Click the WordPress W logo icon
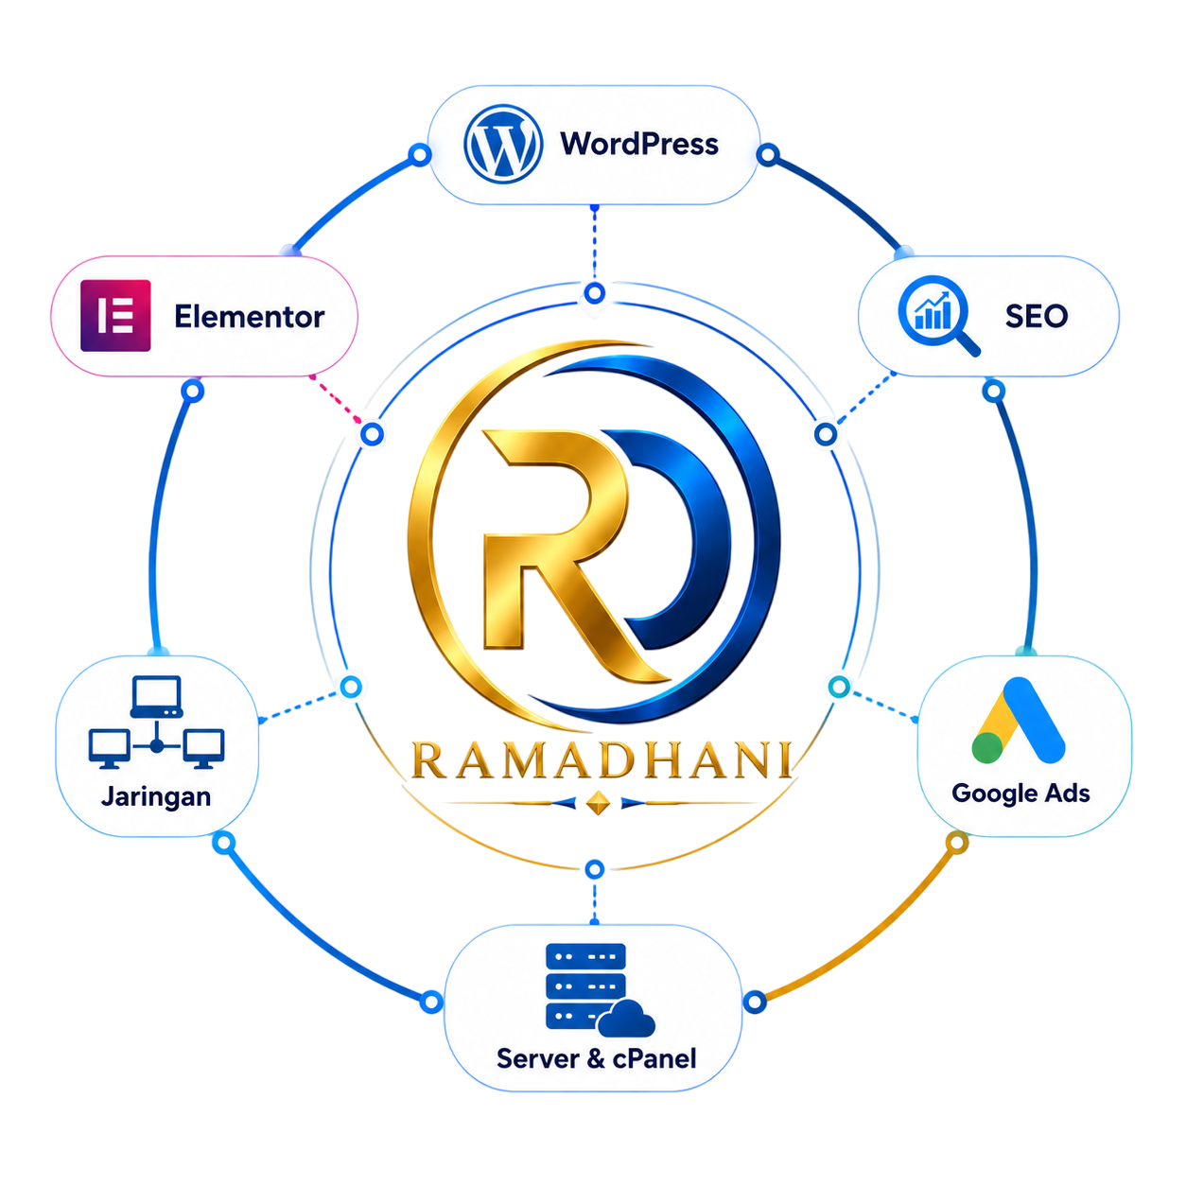tap(503, 144)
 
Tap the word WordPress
tap(638, 144)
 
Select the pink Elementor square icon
tap(115, 316)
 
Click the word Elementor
tap(250, 316)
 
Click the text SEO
tap(1037, 316)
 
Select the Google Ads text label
tap(1020, 794)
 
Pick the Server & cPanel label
tap(597, 1058)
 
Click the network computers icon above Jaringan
tap(156, 722)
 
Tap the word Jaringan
tap(156, 796)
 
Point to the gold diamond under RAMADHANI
tap(599, 803)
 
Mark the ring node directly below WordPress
tap(595, 293)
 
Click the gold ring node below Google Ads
tap(956, 843)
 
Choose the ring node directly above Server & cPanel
tap(595, 870)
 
